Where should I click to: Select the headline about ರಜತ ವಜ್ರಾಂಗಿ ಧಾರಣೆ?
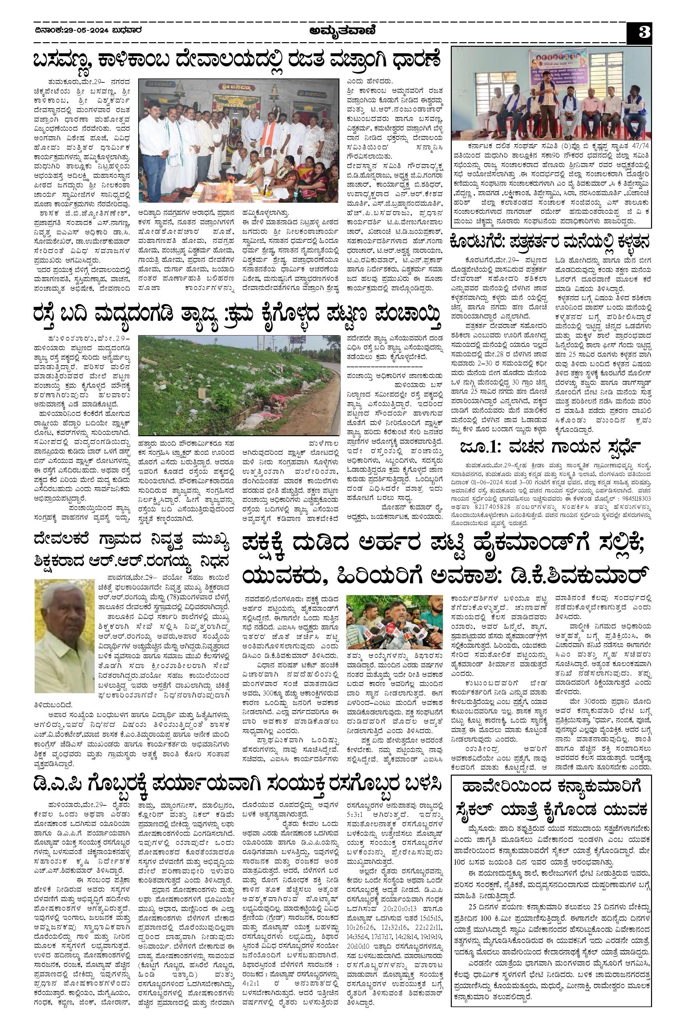pos(236,60)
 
